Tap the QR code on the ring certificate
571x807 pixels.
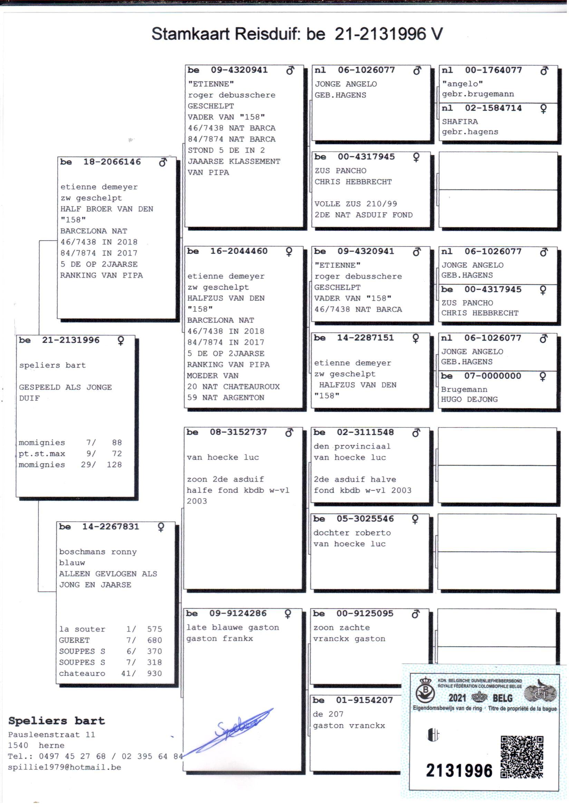(x=522, y=756)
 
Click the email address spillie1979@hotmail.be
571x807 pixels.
(x=64, y=767)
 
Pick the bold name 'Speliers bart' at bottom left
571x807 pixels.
(x=57, y=721)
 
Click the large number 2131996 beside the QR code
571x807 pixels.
(x=459, y=770)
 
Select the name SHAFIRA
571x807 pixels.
(x=459, y=122)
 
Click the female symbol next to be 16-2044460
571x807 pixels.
(x=289, y=252)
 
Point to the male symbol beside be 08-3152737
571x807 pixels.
(x=289, y=433)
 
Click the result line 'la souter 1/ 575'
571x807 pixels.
(x=110, y=629)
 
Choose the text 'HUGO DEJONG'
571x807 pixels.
(x=469, y=400)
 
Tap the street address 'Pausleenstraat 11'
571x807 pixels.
(x=51, y=734)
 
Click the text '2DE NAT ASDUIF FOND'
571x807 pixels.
(x=363, y=215)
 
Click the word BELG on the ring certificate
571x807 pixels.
(x=502, y=698)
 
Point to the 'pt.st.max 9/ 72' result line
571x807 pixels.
(x=70, y=454)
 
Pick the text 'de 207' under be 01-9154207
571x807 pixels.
(x=328, y=714)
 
